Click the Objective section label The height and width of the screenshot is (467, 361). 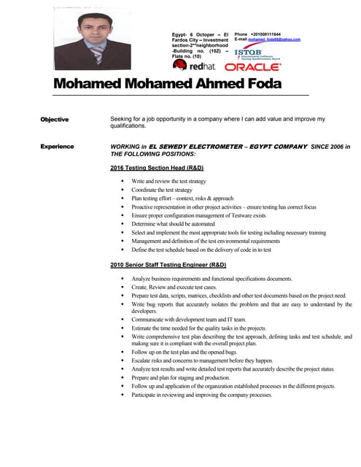(55, 119)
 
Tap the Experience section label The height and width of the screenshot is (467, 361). (58, 147)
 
